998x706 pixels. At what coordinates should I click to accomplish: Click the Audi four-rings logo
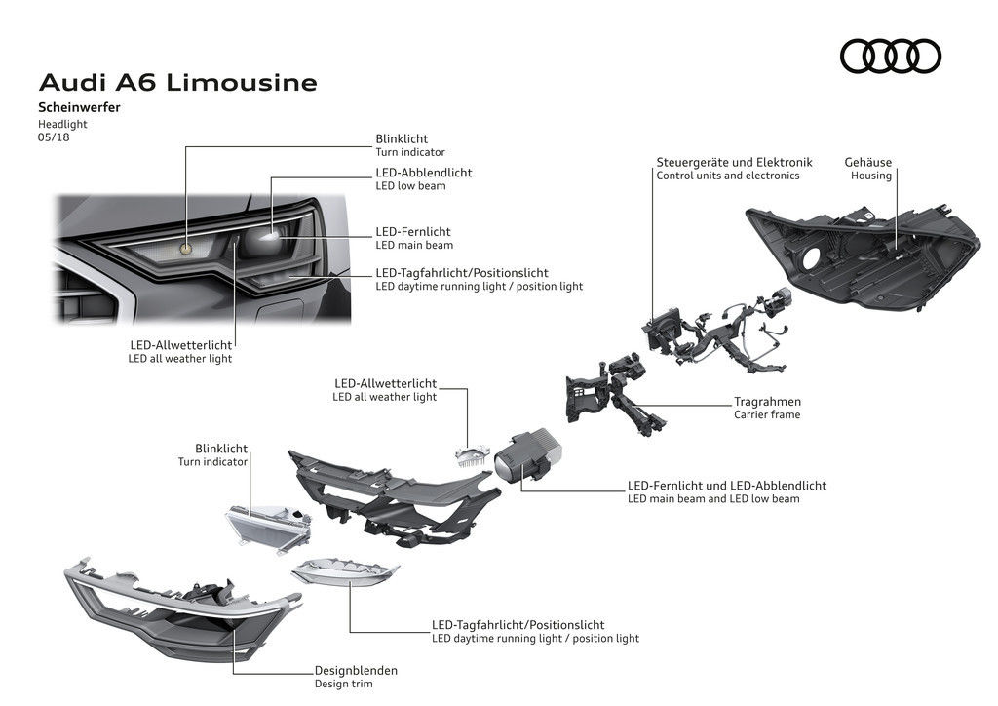[890, 56]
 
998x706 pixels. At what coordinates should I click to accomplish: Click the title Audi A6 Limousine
[177, 83]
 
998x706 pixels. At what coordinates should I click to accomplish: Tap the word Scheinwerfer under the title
[79, 108]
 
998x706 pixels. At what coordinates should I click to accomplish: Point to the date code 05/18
[54, 137]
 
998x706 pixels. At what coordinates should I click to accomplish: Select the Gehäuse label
[868, 162]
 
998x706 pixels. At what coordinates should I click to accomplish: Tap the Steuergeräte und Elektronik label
[734, 162]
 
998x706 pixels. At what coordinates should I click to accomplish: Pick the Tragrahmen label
[767, 401]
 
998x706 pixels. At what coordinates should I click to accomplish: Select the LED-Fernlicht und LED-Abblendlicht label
[727, 485]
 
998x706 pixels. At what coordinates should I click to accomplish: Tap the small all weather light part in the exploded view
[470, 453]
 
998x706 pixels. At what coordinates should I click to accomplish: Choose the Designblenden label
[356, 670]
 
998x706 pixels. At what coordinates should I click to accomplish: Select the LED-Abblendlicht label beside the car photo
[423, 173]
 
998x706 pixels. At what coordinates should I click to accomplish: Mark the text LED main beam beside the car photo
[414, 245]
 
